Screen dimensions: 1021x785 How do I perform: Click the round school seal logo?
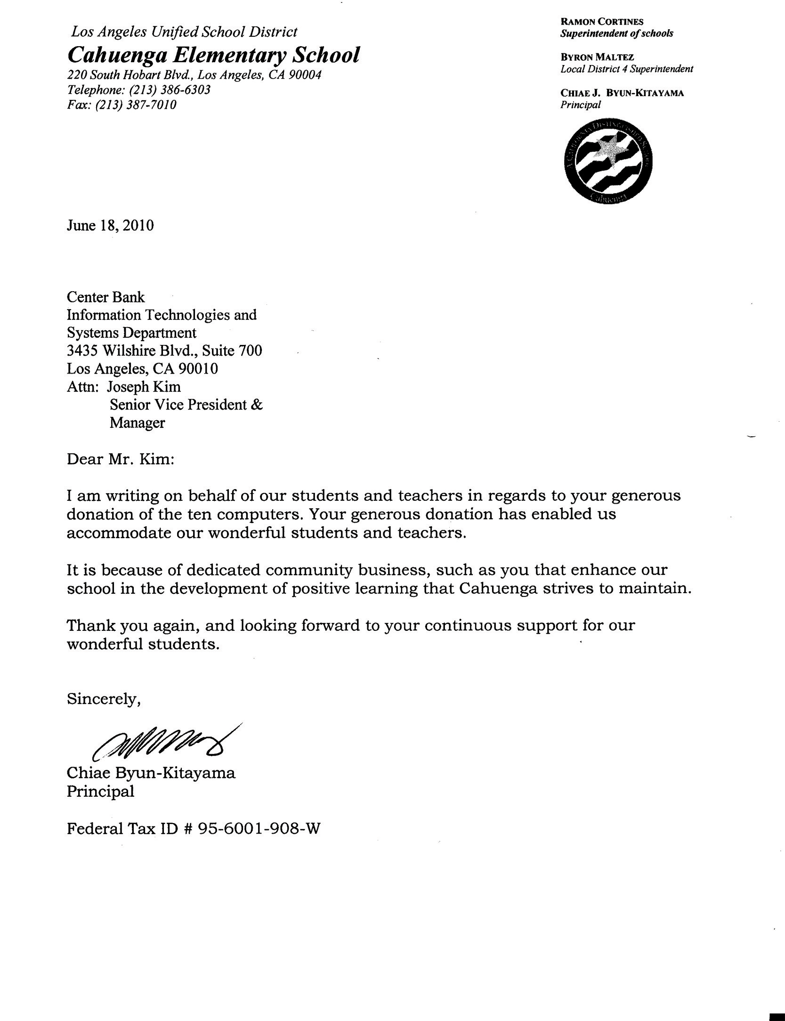tap(607, 163)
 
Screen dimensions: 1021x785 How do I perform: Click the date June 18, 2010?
tap(110, 226)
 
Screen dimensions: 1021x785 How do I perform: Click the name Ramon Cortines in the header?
tap(601, 22)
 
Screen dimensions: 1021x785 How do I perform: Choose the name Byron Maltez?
tap(597, 57)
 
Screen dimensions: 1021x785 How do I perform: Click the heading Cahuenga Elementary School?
tap(213, 56)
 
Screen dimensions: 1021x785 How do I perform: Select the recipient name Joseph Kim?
tap(144, 387)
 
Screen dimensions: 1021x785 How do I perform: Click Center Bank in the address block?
tap(105, 297)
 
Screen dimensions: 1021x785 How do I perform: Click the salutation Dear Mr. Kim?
tap(121, 459)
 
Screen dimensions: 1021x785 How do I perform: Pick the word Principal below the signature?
tap(100, 792)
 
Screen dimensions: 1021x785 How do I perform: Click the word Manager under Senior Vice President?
tap(137, 423)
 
